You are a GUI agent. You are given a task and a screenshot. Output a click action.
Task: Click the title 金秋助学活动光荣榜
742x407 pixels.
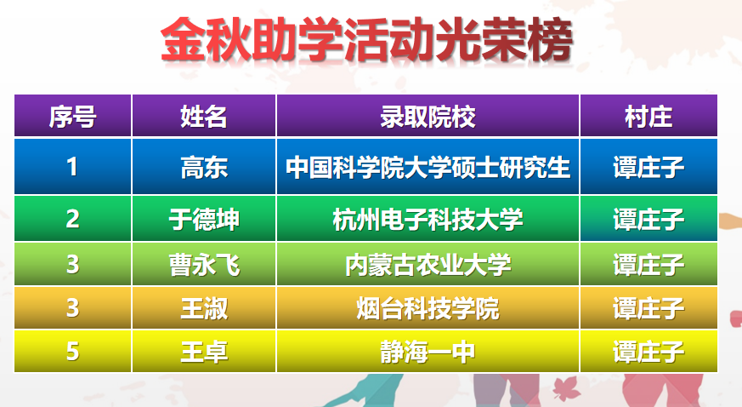(366, 40)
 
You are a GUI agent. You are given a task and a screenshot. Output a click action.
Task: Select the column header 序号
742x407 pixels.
(72, 117)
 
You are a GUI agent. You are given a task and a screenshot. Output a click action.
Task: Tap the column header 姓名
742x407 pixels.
(203, 117)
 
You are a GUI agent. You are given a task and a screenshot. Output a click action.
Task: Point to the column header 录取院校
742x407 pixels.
(428, 117)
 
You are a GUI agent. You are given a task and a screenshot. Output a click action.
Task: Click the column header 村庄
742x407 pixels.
(649, 117)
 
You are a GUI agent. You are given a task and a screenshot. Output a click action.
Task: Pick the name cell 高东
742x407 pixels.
(204, 168)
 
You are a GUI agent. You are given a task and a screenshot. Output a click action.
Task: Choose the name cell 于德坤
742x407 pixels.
(204, 220)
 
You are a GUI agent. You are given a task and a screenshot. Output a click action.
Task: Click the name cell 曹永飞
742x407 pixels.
(204, 265)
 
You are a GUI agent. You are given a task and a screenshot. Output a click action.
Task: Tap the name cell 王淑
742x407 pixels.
(204, 308)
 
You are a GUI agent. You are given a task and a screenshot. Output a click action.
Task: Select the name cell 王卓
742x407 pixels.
(204, 352)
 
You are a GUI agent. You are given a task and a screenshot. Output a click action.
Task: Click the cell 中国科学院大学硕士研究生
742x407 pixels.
(428, 168)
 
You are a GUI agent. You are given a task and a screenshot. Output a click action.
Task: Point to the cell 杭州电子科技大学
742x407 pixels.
(428, 220)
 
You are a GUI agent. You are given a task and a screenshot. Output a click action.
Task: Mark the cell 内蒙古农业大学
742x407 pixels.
(428, 265)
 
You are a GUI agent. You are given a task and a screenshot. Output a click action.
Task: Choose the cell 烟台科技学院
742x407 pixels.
(428, 308)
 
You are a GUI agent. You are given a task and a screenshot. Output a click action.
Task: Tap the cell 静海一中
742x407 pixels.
(428, 352)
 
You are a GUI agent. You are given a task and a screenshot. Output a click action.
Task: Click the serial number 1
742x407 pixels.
(72, 167)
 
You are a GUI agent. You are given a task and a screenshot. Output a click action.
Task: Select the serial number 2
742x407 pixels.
(72, 219)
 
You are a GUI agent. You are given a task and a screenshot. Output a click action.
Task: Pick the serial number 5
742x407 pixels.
(72, 352)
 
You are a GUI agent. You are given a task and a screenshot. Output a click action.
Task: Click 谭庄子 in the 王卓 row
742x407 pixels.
(649, 352)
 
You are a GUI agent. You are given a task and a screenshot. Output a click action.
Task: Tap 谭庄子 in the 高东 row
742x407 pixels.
(649, 168)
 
